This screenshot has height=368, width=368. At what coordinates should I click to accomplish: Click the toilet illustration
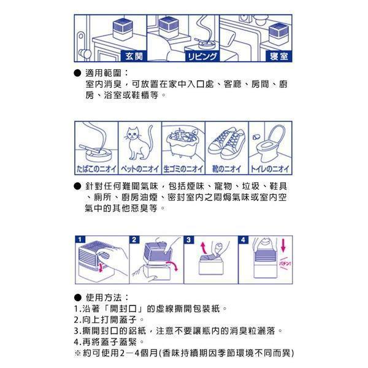click(x=270, y=142)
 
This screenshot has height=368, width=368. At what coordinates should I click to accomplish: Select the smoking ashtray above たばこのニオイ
click(x=95, y=147)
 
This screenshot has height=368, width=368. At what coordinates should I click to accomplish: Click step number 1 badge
click(x=79, y=239)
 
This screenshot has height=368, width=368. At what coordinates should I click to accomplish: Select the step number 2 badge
click(x=134, y=239)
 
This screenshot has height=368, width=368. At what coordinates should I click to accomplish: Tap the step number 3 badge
click(x=189, y=239)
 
